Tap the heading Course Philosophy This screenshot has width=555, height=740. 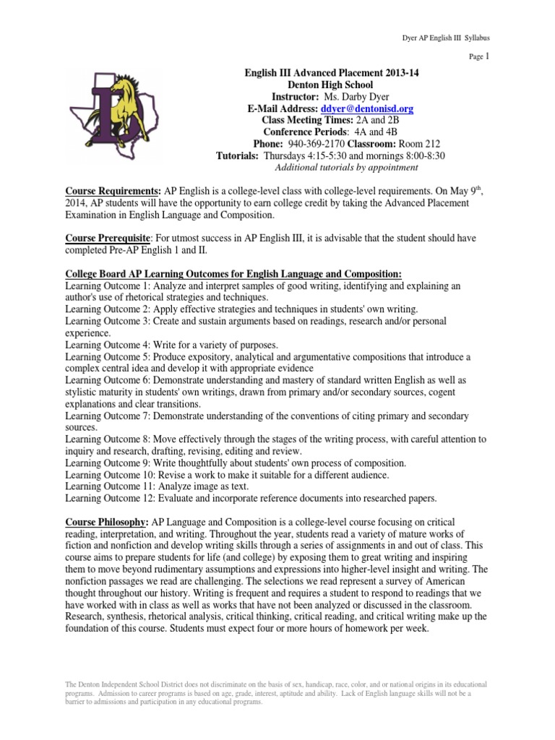[x=106, y=522]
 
